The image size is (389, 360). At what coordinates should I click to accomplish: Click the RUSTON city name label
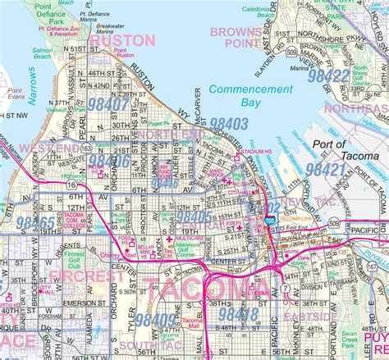tap(122, 40)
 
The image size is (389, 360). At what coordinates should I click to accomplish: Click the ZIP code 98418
tap(239, 315)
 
